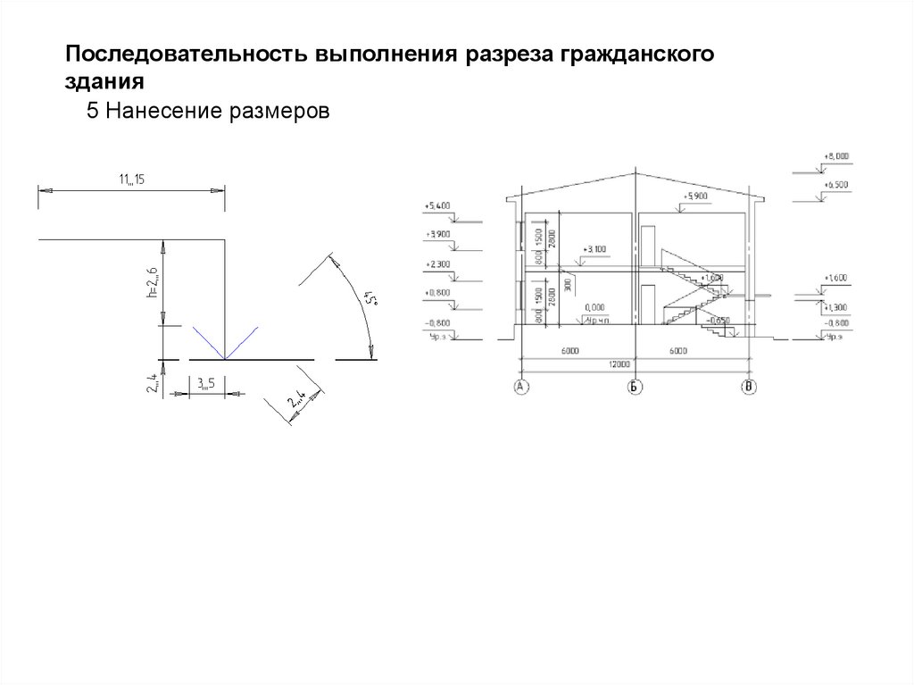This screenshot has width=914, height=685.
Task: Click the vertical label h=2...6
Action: [x=154, y=283]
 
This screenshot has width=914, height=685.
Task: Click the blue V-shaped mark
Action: [x=225, y=343]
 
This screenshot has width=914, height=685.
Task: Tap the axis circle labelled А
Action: [x=519, y=387]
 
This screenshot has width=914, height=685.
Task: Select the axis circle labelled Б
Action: [x=635, y=387]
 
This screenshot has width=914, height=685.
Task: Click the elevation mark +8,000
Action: [x=836, y=156]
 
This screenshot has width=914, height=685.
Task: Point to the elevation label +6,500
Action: [x=836, y=184]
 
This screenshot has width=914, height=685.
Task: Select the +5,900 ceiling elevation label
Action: [x=694, y=196]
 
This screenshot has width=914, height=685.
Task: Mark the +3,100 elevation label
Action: [x=593, y=249]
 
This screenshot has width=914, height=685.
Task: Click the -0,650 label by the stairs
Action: [x=717, y=319]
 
